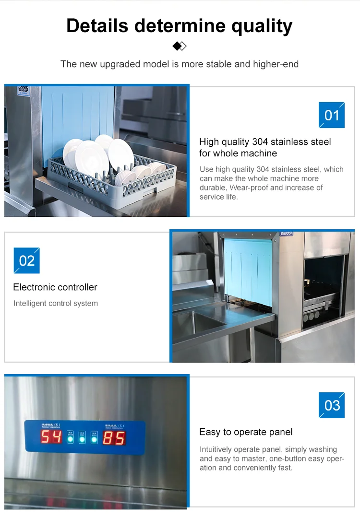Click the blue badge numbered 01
point(332,115)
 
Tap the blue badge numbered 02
point(27,260)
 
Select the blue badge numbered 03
point(332,405)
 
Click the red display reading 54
point(51,437)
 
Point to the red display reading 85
point(114,437)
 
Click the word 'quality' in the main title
point(262,25)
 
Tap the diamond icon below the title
point(180,46)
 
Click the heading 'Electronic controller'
point(55,287)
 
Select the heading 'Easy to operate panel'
point(246,432)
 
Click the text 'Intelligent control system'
point(56,303)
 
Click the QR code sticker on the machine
point(23,89)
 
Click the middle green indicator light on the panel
point(82,439)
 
